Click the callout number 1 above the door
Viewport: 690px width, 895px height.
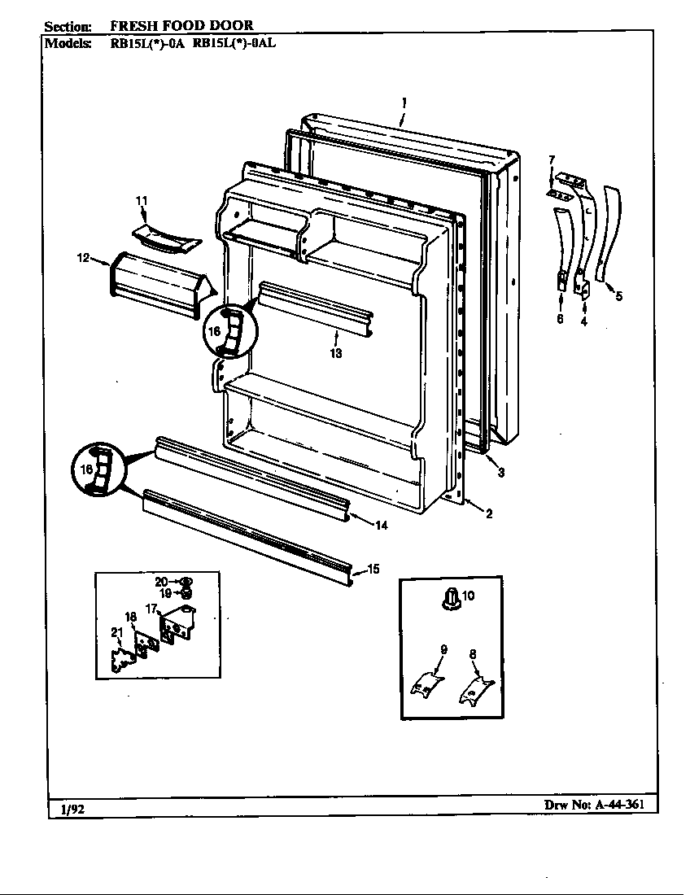[404, 103]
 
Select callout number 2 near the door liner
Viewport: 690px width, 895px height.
[489, 513]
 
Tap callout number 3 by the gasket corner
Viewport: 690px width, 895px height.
[501, 473]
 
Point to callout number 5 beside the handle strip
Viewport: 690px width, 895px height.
[619, 296]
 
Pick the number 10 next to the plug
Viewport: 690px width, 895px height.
[468, 596]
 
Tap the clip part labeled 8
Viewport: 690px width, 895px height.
[476, 690]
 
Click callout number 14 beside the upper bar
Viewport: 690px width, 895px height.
[381, 526]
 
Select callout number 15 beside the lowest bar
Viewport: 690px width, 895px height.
[373, 570]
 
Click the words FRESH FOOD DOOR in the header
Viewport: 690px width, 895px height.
[181, 25]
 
